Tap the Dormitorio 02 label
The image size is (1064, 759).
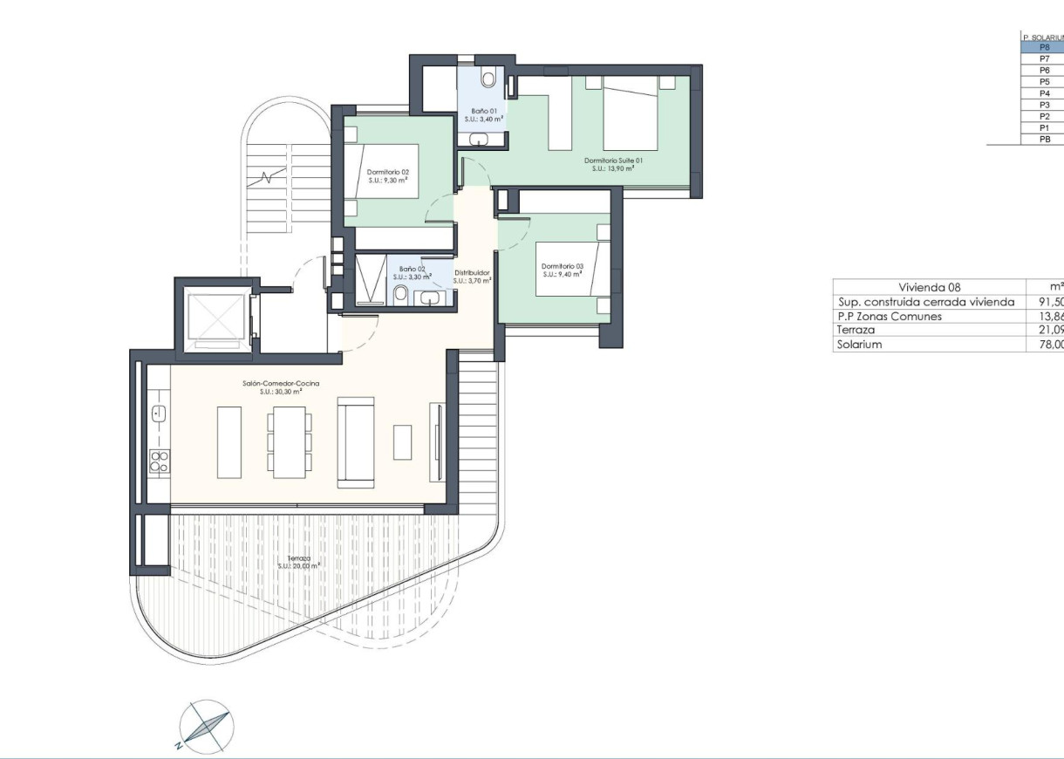(x=388, y=172)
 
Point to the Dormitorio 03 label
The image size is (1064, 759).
(x=562, y=267)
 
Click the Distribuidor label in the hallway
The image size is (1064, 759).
(x=472, y=273)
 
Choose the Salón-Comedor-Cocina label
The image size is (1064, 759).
(x=280, y=383)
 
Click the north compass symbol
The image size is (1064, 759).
(x=205, y=726)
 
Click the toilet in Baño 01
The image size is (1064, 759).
(x=488, y=79)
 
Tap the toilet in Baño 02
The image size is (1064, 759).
(x=401, y=294)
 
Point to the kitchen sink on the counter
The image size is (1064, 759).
(x=159, y=413)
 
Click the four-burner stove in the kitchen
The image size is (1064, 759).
(x=159, y=461)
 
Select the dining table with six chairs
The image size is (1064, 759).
(x=290, y=441)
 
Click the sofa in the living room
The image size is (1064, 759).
(x=355, y=441)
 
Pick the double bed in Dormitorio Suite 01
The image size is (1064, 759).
(x=630, y=113)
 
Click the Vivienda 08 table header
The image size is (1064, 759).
(x=929, y=287)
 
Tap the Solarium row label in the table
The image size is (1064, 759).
(x=859, y=345)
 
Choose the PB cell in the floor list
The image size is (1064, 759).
(x=1044, y=139)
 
